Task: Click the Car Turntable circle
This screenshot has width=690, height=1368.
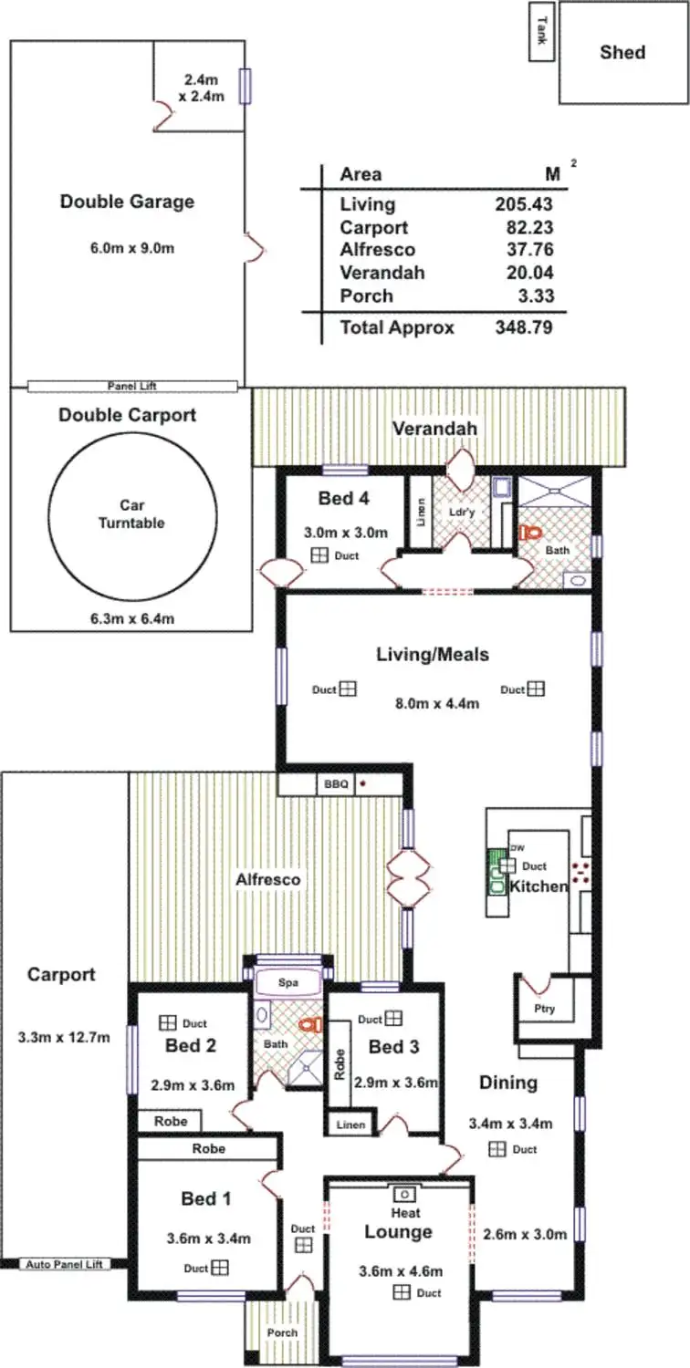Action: tap(132, 513)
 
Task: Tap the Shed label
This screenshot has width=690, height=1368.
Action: tap(622, 52)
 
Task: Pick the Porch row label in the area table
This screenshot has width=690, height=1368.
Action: tap(366, 295)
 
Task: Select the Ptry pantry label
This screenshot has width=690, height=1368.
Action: tap(545, 1009)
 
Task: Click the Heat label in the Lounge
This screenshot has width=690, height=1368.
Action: tap(405, 1213)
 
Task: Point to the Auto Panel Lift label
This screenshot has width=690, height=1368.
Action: tap(63, 1264)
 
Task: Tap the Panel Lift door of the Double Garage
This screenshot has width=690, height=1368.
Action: tap(132, 386)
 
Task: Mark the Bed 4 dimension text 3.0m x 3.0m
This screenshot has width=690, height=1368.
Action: tap(346, 533)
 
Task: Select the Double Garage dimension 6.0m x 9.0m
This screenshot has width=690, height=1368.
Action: tap(127, 247)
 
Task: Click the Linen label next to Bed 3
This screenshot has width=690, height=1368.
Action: tap(350, 1125)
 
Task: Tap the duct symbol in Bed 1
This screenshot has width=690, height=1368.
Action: tap(220, 1268)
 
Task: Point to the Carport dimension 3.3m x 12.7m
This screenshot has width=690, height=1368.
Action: tap(64, 1037)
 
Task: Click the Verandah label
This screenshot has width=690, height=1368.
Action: tap(434, 429)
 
